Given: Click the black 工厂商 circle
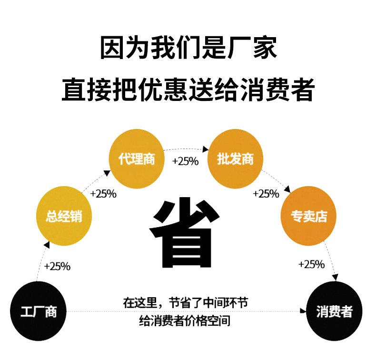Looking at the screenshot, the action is pyautogui.click(x=39, y=311).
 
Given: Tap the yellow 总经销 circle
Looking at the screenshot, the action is pyautogui.click(x=64, y=217).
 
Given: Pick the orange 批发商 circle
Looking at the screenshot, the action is pyautogui.click(x=235, y=159).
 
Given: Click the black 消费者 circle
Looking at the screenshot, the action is pyautogui.click(x=334, y=311).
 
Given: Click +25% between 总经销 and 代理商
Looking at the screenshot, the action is pyautogui.click(x=103, y=194).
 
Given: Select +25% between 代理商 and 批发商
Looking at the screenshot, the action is pyautogui.click(x=185, y=161).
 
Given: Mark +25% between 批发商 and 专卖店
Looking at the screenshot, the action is pyautogui.click(x=266, y=194).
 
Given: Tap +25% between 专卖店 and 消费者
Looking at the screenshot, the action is pyautogui.click(x=311, y=264).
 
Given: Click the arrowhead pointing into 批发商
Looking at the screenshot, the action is pyautogui.click(x=205, y=150).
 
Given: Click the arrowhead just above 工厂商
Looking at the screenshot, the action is pyautogui.click(x=46, y=245).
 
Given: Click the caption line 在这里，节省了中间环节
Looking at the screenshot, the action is pyautogui.click(x=185, y=303).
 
